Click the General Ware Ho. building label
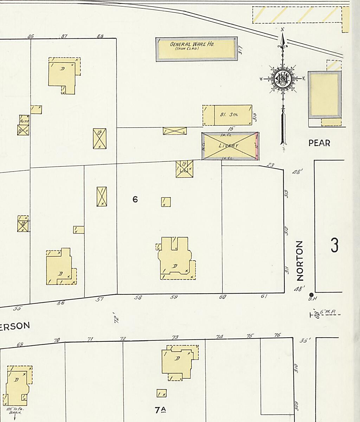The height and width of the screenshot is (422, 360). pos(192,45)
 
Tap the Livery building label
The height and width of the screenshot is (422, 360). pos(228,146)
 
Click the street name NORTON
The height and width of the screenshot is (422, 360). pos(300,261)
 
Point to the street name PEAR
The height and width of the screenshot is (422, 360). pos(319,143)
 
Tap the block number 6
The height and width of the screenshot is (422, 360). pos(135,200)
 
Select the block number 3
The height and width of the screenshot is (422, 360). pos(334,245)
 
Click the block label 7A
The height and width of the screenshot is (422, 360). pos(160,410)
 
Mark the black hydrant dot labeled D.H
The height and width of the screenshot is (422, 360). pos(311,295)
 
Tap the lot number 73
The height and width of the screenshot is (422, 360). pos(175,338)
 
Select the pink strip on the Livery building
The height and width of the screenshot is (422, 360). pos(257,146)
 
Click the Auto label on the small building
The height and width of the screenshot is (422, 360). pos(24,121)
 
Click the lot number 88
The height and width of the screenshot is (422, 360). pos(100,36)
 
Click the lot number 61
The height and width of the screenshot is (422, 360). pos(264,296)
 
